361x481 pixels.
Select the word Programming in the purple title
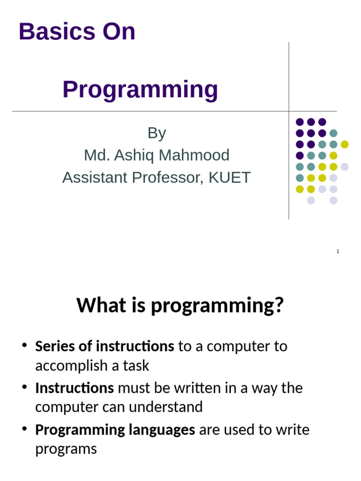pos(140,89)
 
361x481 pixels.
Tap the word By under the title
pos(157,133)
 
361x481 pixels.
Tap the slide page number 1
pos(337,252)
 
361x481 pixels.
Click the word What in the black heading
pos(95,306)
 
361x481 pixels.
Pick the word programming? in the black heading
pos(218,306)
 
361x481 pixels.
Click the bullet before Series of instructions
pos(25,347)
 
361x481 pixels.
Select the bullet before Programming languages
pos(25,430)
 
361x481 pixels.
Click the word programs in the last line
pos(66,449)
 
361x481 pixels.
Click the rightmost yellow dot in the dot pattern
pos(345,144)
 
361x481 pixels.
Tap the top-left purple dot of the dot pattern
pos(299,122)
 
